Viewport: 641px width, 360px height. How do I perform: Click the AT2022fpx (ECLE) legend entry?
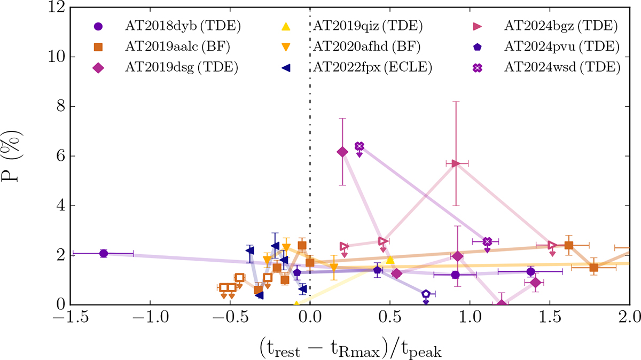(x=370, y=67)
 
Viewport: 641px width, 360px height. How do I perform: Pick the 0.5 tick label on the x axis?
(x=390, y=319)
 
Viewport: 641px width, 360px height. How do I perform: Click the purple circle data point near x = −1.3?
(x=104, y=253)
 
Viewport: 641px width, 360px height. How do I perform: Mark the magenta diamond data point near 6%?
(x=342, y=152)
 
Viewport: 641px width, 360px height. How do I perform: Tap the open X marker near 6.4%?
(x=359, y=146)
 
